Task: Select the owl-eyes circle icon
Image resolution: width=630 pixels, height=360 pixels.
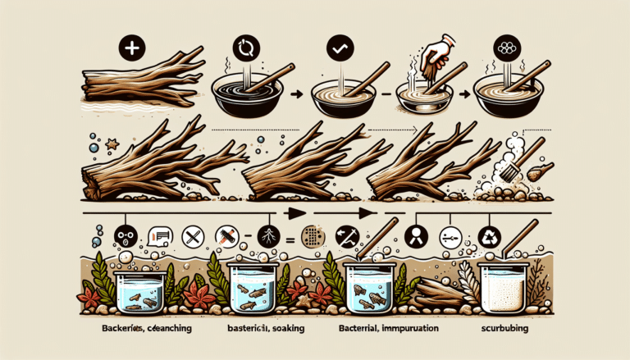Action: (126, 237)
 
